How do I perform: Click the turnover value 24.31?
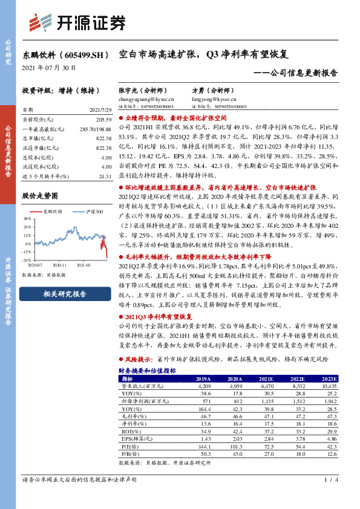[105, 176]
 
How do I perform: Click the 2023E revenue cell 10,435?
[329, 385]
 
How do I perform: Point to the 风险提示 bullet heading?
[138, 358]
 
